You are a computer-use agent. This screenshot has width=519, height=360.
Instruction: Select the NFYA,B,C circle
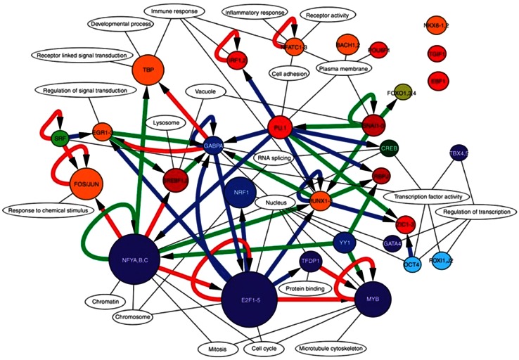click(x=134, y=261)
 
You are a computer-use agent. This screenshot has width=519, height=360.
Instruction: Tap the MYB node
click(x=372, y=299)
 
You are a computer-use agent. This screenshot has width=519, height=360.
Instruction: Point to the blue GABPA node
click(x=213, y=146)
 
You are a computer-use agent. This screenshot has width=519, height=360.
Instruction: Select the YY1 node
click(x=344, y=243)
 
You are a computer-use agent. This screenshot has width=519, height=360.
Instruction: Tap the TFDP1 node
click(x=310, y=262)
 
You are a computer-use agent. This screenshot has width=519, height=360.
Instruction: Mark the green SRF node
click(x=61, y=139)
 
